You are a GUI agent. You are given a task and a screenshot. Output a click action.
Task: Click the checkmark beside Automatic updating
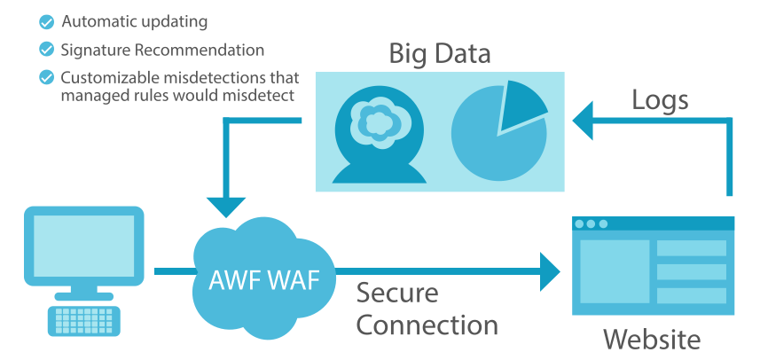pyautogui.click(x=46, y=20)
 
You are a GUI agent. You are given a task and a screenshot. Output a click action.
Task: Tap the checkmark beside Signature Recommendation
pyautogui.click(x=46, y=50)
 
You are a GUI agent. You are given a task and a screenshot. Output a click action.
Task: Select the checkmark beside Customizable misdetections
pyautogui.click(x=46, y=77)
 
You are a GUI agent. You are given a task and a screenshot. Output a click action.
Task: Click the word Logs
pyautogui.click(x=660, y=100)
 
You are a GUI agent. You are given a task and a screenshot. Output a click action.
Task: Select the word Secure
pyautogui.click(x=396, y=292)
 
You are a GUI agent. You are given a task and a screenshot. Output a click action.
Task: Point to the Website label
pyautogui.click(x=652, y=340)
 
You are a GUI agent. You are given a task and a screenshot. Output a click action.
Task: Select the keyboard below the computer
pyautogui.click(x=85, y=319)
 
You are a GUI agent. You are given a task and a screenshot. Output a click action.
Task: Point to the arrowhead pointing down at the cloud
pyautogui.click(x=228, y=203)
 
